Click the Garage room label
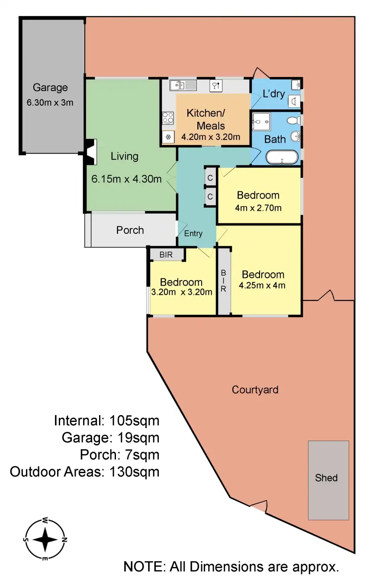(50, 87)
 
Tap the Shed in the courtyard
(328, 480)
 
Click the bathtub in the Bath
(282, 157)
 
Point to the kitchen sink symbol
(183, 85)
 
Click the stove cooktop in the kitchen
(168, 117)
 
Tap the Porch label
(130, 230)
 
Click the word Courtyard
(255, 390)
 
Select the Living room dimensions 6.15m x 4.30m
(126, 178)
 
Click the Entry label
(193, 233)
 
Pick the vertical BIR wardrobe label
(224, 281)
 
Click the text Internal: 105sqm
(106, 420)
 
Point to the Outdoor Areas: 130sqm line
(85, 471)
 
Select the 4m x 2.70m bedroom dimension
(258, 208)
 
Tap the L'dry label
(273, 93)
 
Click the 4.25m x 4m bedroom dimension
(262, 285)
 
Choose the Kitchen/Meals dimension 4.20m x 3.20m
(211, 137)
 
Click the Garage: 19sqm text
(110, 438)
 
